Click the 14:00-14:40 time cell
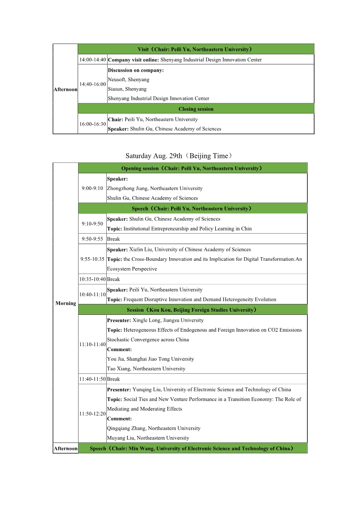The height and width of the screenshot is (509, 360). pos(93,60)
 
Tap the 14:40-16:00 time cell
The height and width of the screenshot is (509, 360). pos(93,84)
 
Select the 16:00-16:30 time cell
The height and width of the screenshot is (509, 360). pos(93,124)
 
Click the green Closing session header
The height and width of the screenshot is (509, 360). pos(196,109)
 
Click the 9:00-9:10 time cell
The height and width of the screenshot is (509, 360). pos(92,188)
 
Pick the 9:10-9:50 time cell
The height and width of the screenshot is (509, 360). pos(92,224)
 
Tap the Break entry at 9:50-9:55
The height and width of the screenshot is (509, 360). pos(113,239)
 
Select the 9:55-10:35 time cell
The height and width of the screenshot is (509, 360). pos(92,259)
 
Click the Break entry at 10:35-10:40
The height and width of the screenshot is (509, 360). pos(113,279)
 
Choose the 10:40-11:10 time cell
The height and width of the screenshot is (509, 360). pos(92,294)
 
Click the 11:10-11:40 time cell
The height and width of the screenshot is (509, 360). pos(92,345)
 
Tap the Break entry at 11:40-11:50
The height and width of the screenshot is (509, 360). pos(113,379)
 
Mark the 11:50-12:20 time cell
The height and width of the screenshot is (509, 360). pos(92,414)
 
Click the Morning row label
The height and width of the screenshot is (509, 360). pos(65,303)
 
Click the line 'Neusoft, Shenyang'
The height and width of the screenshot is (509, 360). pos(128,79)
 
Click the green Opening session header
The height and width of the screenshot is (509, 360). pos(192,168)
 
